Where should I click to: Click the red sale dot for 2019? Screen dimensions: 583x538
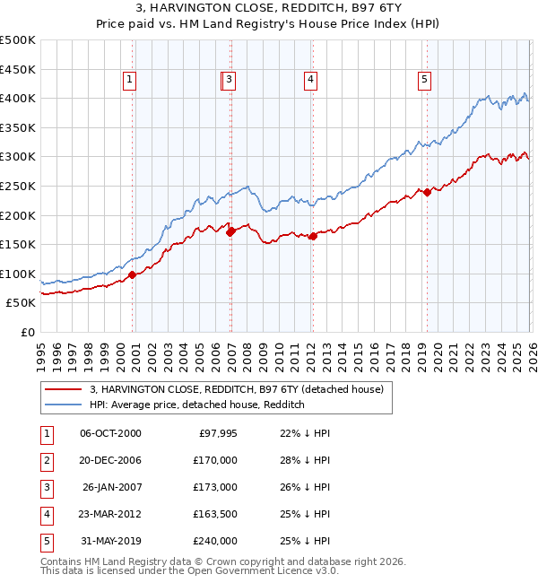[427, 191]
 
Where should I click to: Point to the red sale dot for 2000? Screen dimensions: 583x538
[133, 274]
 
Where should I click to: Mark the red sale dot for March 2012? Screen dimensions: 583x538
[313, 237]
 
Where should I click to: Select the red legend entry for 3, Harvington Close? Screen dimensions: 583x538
[237, 389]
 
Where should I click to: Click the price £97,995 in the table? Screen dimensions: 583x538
[217, 433]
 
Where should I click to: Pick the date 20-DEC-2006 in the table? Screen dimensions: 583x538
[110, 460]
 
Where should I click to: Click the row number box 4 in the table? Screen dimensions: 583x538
[46, 514]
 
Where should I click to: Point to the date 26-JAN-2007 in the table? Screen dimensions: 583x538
[111, 487]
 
